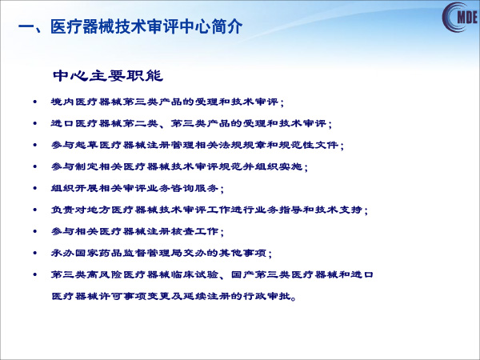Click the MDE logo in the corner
pos(460,17)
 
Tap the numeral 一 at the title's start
pos(26,26)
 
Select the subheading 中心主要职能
pos(108,76)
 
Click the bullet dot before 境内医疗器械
pos(35,102)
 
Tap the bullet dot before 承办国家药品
pos(35,253)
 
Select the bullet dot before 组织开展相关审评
pos(35,188)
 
